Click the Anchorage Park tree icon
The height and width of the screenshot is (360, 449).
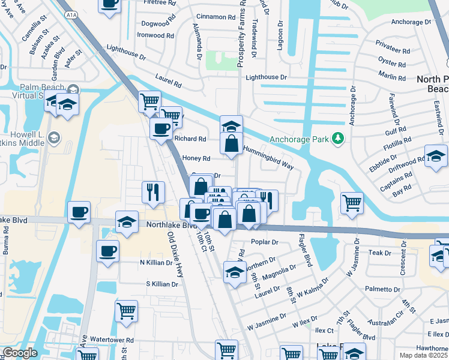[x=339, y=139]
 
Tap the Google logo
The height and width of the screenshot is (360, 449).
[x=20, y=353]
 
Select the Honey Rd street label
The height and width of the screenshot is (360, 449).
[x=196, y=158]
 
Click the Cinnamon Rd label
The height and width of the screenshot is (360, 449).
[x=215, y=17]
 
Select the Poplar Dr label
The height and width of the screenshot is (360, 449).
[x=267, y=242]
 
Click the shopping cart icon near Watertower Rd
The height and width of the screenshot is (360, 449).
[x=126, y=311]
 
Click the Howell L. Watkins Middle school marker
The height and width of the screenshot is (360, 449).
[x=53, y=138]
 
